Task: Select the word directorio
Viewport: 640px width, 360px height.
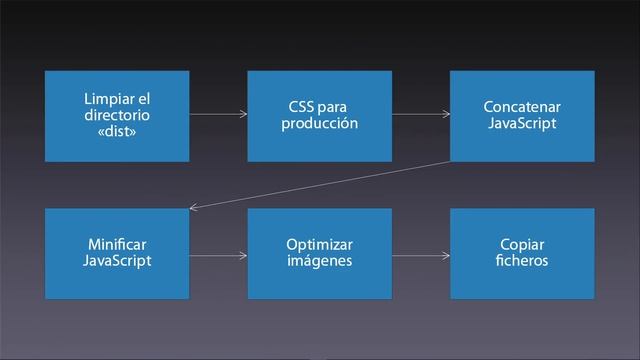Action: click(117, 115)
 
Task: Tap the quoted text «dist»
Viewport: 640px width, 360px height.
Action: click(117, 132)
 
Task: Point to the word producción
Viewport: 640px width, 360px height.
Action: click(319, 124)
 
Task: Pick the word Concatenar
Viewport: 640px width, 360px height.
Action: click(521, 107)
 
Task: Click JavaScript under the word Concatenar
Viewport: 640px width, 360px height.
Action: click(521, 124)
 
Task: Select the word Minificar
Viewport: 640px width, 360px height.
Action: click(117, 244)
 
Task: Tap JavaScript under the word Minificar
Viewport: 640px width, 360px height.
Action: click(117, 261)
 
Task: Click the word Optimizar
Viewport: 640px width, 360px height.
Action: click(319, 244)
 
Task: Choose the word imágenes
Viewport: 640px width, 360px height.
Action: click(319, 261)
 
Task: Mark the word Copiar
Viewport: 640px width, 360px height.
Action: click(521, 244)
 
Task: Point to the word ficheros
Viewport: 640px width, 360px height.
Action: click(521, 261)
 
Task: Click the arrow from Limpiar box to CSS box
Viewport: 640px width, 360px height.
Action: click(218, 116)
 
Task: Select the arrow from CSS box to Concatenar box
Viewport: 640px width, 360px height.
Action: click(420, 116)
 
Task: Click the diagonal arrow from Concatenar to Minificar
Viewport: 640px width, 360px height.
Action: click(320, 185)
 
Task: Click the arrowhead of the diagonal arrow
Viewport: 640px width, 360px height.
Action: click(194, 208)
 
